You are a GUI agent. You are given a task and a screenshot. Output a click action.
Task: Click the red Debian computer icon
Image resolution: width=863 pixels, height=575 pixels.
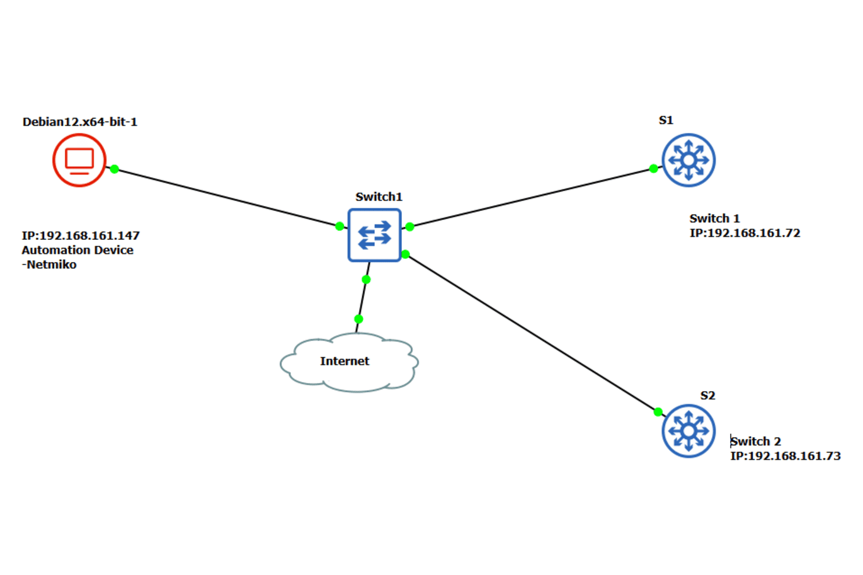click(x=79, y=160)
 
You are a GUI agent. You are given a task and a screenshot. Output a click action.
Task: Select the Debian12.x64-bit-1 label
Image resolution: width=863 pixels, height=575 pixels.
click(x=80, y=122)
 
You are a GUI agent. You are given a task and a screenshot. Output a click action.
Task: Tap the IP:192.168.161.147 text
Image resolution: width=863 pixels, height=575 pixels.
click(x=81, y=236)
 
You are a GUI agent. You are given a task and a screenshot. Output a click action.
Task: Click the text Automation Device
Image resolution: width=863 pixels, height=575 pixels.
click(x=77, y=250)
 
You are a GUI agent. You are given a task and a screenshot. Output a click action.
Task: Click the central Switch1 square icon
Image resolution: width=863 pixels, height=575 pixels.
click(x=374, y=235)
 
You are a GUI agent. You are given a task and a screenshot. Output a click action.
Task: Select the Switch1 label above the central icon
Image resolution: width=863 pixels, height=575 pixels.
click(x=379, y=196)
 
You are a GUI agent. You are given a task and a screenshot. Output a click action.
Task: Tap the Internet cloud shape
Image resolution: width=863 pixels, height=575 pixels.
click(x=348, y=362)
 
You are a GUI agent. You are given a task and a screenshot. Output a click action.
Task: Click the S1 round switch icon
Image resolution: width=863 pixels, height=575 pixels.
click(x=689, y=160)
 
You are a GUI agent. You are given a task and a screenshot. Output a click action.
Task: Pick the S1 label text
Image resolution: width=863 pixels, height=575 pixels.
click(x=666, y=120)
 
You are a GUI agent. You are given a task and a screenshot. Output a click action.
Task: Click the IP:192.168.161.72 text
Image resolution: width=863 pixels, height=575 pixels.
click(x=745, y=233)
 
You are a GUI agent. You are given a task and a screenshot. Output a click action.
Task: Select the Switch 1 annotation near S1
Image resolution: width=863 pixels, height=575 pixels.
click(x=714, y=219)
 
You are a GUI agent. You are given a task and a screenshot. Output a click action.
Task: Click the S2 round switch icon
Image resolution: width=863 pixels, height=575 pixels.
click(x=689, y=431)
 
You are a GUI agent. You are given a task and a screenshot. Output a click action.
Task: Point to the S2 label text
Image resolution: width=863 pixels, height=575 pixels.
click(x=707, y=396)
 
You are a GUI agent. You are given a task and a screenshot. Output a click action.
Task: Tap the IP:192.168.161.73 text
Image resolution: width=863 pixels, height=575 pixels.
click(x=785, y=456)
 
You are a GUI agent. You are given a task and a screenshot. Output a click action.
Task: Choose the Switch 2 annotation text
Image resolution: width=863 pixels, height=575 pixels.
click(x=756, y=441)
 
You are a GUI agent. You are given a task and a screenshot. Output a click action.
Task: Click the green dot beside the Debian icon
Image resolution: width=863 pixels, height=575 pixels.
click(x=114, y=169)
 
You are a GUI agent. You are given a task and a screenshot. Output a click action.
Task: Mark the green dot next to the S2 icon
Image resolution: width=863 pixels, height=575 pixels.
click(x=658, y=412)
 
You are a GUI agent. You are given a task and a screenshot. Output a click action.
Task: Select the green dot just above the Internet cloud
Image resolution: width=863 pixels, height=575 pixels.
click(x=358, y=319)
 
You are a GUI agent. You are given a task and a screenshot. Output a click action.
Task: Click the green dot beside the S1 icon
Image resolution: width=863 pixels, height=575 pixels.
click(x=653, y=168)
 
